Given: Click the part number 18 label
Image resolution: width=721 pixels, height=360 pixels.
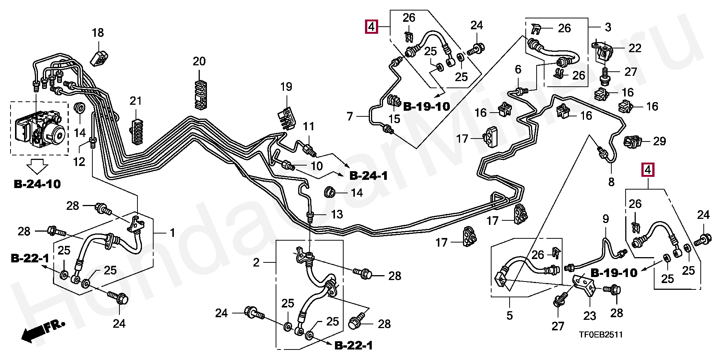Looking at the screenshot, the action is tap(98, 33).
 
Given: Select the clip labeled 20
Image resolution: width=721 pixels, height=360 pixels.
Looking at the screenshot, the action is tap(199, 95).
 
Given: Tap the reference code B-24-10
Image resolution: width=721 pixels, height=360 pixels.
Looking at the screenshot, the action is tap(37, 184).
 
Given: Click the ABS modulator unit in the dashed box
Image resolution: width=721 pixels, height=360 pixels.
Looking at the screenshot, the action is tap(39, 127).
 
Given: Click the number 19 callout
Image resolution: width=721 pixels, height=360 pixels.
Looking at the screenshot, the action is tap(286, 87).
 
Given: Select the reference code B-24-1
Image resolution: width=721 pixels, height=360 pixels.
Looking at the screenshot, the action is tap(368, 175).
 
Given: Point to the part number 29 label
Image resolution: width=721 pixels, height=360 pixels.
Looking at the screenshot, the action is tap(659, 141).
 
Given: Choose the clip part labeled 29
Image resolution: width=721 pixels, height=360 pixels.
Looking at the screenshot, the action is tap(632, 142).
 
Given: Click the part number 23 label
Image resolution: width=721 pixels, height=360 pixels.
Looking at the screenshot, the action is tap(590, 316).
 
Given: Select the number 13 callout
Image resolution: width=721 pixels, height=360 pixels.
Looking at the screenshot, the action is tap(337, 214).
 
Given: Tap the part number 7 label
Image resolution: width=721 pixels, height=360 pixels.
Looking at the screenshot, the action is tap(350, 116).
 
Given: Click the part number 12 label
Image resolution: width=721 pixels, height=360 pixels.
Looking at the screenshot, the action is tap(79, 162).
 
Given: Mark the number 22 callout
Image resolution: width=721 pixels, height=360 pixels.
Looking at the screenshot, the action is tap(635, 48).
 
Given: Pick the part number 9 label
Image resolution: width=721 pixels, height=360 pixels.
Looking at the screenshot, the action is tap(606, 219).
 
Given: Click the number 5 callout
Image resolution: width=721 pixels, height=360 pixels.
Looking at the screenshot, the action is tap(510, 315).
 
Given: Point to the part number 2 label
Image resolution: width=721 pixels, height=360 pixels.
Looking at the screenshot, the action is tap(256, 262).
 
